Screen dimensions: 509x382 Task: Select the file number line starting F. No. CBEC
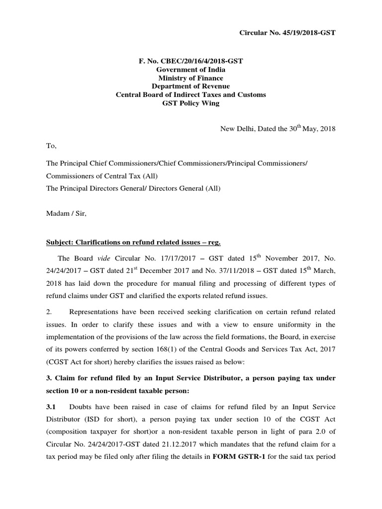191,61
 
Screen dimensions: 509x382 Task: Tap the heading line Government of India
191,69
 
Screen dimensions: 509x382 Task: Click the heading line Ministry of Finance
191,78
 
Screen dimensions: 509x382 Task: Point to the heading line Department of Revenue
191,86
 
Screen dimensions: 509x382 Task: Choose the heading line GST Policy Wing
191,103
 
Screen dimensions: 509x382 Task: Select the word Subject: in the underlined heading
60,242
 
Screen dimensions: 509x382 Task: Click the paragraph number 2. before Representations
49,312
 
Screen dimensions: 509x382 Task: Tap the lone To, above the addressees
51,147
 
